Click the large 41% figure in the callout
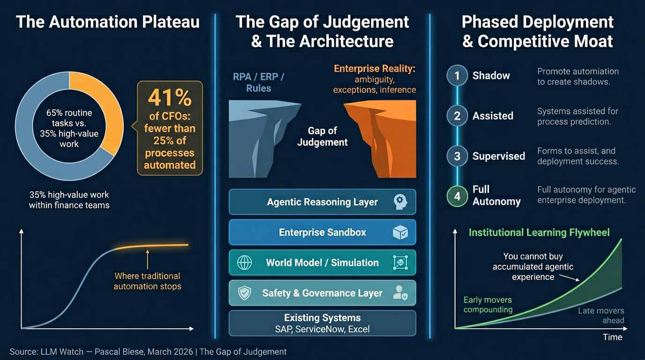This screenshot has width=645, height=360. tap(170, 98)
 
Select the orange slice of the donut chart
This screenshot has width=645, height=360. tap(104, 112)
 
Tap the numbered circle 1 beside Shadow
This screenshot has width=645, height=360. tap(457, 75)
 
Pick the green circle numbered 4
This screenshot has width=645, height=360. tap(457, 196)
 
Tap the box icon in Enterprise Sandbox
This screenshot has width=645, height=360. tap(400, 232)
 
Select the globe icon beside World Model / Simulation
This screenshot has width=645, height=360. tap(245, 262)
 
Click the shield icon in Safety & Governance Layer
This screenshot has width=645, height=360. tap(245, 293)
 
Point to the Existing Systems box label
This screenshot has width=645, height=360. tap(322, 318)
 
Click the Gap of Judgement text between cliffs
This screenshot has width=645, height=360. tap(322, 136)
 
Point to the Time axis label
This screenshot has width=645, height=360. tap(612, 337)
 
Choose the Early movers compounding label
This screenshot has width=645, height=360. tap(487, 305)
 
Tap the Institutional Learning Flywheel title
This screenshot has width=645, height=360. tap(539, 232)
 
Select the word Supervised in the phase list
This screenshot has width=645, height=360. tap(499, 156)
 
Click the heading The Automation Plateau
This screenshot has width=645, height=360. tap(108, 22)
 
